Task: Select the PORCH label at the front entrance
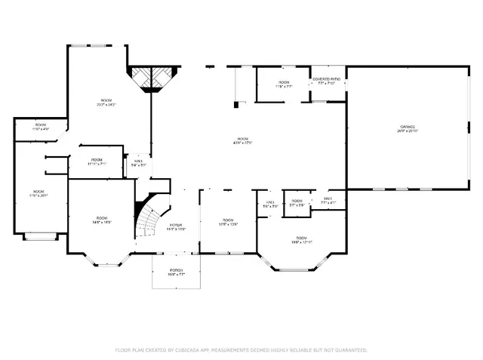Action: (175, 272)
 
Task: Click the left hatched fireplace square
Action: (140, 76)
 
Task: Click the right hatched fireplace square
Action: (163, 76)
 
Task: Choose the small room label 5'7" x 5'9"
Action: (297, 202)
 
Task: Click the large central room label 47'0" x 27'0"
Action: (242, 140)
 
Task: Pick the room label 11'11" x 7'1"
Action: (97, 161)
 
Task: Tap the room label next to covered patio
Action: (284, 83)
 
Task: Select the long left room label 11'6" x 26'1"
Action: (38, 193)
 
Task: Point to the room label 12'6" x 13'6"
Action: (228, 222)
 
